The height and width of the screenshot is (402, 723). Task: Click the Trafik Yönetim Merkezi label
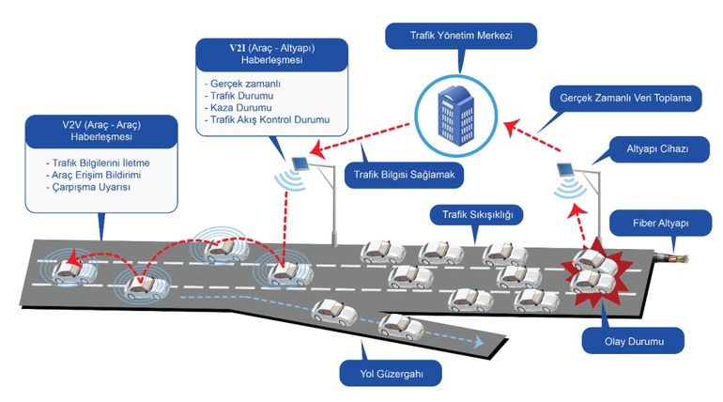(461, 36)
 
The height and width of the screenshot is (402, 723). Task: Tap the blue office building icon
(455, 116)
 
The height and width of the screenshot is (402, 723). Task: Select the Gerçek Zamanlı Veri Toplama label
(625, 98)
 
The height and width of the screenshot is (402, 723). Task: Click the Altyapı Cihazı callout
(657, 149)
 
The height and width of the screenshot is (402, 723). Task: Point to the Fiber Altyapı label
(661, 224)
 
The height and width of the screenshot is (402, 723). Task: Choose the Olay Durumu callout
(634, 341)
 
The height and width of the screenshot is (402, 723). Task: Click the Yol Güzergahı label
(391, 374)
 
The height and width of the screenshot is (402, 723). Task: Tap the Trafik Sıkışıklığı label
(477, 214)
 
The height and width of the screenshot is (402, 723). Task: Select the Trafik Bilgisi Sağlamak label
(405, 175)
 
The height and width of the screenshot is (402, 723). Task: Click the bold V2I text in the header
(238, 48)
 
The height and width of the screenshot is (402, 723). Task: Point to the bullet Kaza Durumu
(238, 108)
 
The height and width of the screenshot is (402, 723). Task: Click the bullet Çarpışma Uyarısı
(88, 187)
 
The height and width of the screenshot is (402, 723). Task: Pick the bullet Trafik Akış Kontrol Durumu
(267, 120)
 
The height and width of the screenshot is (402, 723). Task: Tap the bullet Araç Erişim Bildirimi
(94, 176)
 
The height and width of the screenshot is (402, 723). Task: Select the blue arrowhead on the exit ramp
(479, 342)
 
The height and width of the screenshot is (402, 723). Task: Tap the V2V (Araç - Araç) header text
(101, 125)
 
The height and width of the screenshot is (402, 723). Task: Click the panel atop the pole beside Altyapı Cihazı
(565, 169)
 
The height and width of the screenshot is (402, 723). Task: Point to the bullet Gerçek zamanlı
(242, 84)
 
